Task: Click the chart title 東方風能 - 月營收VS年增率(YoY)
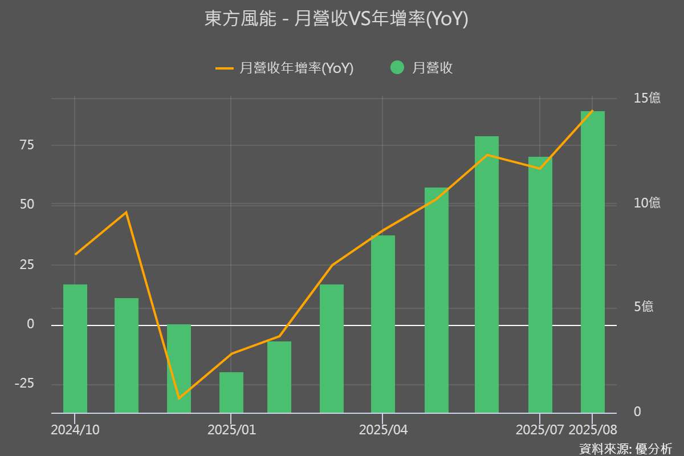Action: coord(336,19)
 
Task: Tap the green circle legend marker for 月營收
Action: coord(397,68)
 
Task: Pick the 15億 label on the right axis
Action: coord(647,98)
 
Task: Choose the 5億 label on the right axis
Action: coord(644,307)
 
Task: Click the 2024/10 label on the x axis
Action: coord(75,430)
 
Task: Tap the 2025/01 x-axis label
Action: coord(231,430)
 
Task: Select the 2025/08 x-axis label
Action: coord(593,430)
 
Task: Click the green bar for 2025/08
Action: coord(593,262)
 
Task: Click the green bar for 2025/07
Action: coord(540,285)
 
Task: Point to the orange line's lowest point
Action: coord(179,398)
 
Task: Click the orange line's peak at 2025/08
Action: coord(593,111)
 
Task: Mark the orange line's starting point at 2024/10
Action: coord(75,254)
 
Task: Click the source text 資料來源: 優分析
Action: coord(626,449)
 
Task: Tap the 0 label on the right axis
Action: coord(637,412)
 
